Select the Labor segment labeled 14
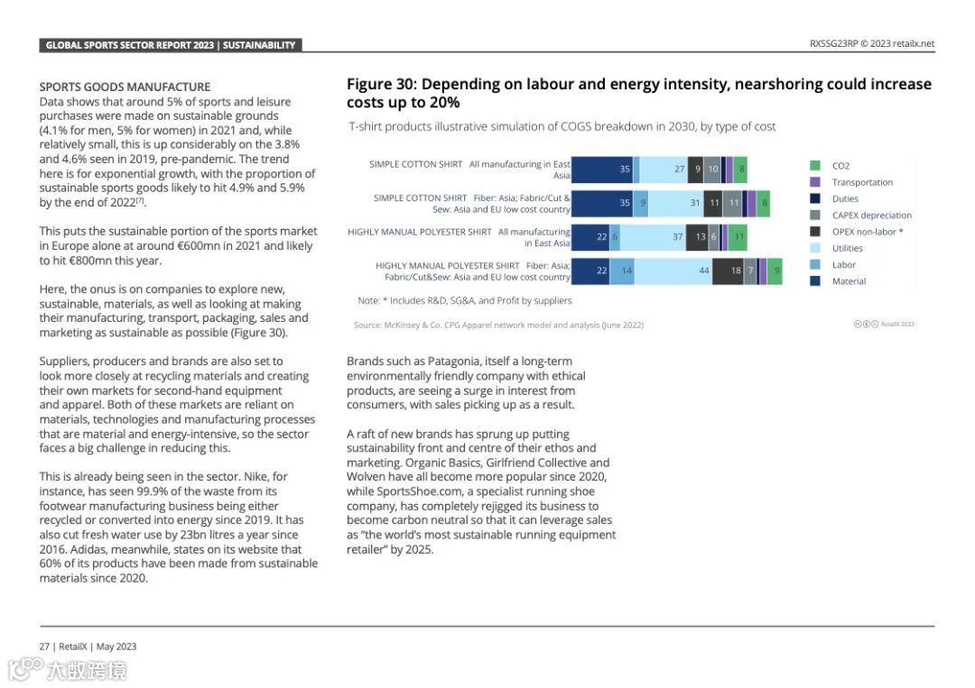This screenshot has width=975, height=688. [x=622, y=271]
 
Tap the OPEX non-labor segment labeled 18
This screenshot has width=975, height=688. [x=728, y=271]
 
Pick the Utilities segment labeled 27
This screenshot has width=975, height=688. [x=664, y=170]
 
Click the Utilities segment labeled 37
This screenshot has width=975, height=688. [x=653, y=237]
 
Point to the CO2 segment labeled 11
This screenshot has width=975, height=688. [x=738, y=237]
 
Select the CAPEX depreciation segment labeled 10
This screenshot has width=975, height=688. [x=712, y=170]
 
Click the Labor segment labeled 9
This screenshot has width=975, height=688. [x=641, y=204]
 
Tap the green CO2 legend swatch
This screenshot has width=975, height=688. [x=815, y=166]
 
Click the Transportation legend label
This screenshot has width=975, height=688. [x=862, y=182]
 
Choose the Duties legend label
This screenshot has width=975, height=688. [x=845, y=199]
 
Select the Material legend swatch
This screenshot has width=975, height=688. [x=815, y=281]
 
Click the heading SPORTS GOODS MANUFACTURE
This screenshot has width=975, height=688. [x=125, y=87]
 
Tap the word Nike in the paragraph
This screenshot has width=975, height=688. [x=256, y=477]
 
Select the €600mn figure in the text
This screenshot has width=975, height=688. [x=196, y=246]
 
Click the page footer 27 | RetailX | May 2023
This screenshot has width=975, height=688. [x=88, y=647]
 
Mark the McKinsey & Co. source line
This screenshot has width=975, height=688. [x=498, y=325]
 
